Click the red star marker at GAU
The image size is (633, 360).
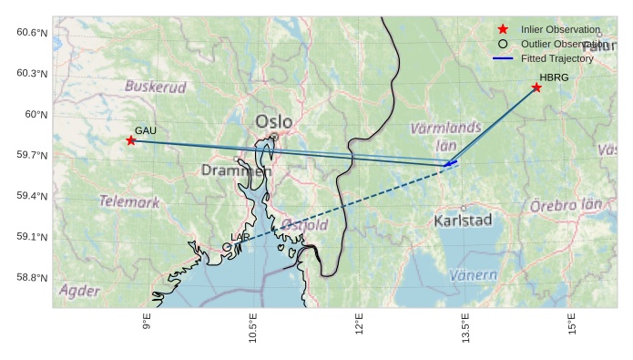(131, 140)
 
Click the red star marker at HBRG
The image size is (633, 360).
(536, 87)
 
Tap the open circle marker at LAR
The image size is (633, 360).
(227, 247)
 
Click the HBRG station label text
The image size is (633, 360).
(554, 77)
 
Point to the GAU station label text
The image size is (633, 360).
(146, 130)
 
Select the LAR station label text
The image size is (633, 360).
(240, 237)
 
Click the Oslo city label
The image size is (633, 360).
(274, 121)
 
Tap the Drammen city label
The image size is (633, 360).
(236, 170)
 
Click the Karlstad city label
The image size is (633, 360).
(463, 221)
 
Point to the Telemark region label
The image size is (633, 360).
(129, 201)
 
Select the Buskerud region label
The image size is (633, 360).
(155, 87)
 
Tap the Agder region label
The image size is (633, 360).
(79, 291)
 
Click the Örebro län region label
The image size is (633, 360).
(566, 206)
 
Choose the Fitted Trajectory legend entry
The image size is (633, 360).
(556, 58)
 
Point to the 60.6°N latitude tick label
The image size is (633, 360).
(32, 33)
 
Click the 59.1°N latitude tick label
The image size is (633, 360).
(32, 237)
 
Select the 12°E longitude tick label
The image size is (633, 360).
(360, 325)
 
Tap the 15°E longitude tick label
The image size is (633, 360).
(572, 325)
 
